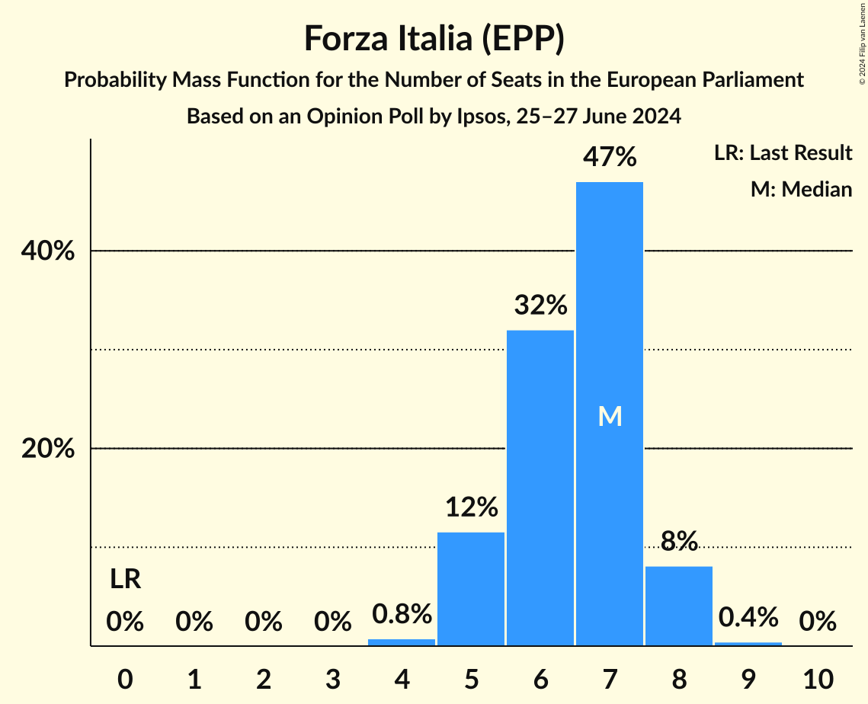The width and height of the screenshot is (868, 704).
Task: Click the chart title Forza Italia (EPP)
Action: tap(434, 38)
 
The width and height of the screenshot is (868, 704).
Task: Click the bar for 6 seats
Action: tap(540, 488)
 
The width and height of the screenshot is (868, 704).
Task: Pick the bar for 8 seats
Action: tap(678, 606)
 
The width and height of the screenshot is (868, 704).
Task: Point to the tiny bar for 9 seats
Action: tap(748, 644)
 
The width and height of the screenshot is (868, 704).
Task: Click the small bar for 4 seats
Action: tap(402, 642)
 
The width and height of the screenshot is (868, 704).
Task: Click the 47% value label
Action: tap(609, 158)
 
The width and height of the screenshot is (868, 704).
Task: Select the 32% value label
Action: tap(540, 306)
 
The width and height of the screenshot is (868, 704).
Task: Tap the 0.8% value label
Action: tap(402, 613)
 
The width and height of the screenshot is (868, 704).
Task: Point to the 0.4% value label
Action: tap(748, 616)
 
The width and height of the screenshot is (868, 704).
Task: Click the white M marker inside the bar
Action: tap(610, 416)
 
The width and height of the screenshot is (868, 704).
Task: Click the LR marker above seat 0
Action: tap(125, 580)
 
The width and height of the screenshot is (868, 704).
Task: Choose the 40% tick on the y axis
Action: tap(47, 251)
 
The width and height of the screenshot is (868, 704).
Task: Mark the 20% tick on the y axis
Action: tap(47, 449)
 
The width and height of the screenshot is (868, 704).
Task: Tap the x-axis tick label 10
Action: tap(817, 677)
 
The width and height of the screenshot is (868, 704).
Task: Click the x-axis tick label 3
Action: tap(332, 677)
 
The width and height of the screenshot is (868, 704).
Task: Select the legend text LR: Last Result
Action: tap(783, 153)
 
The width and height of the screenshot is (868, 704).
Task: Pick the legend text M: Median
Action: tap(801, 189)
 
